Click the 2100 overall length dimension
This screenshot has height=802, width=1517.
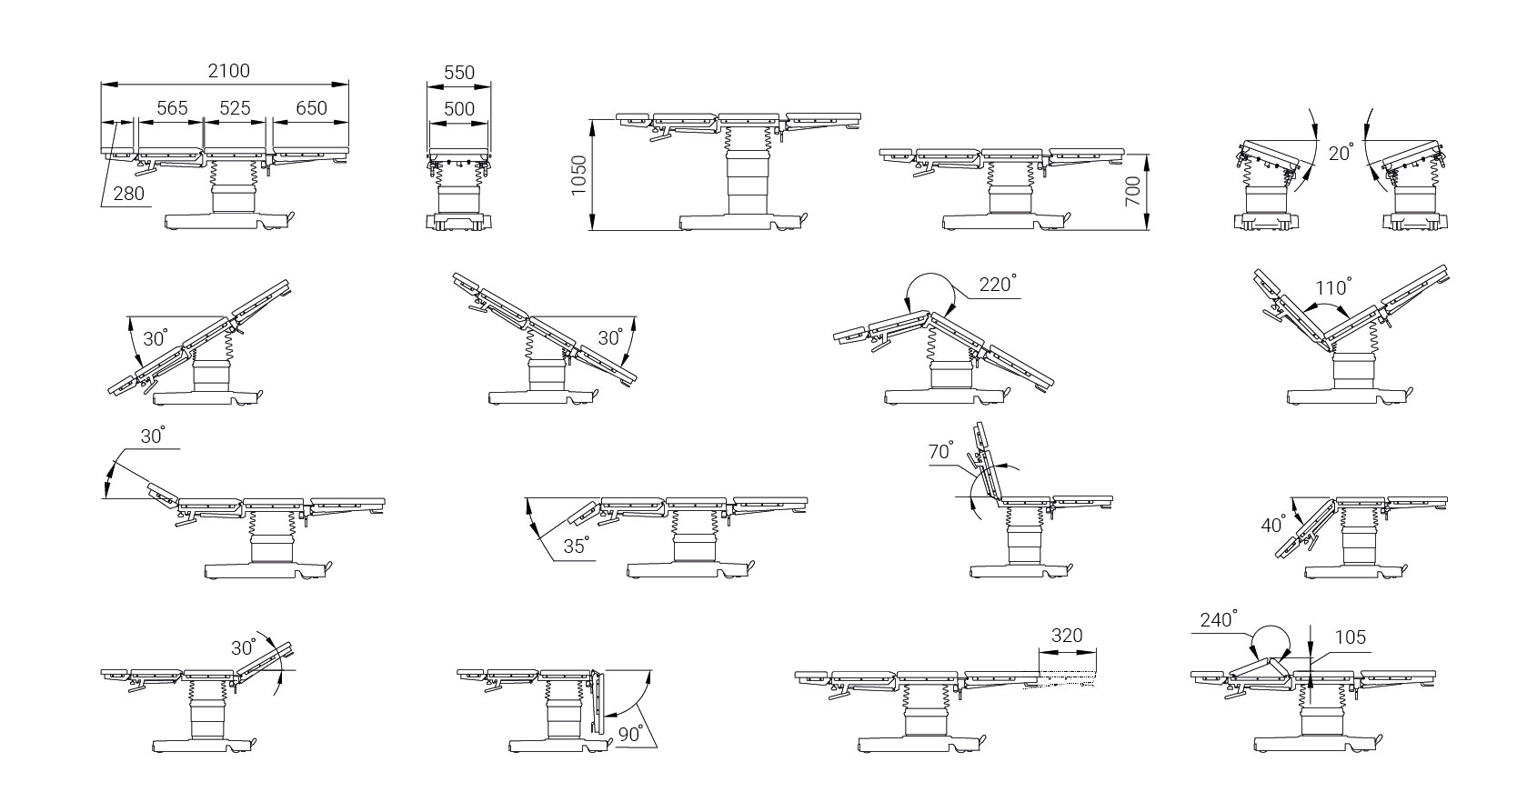click(229, 71)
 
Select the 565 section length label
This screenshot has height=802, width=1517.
click(172, 108)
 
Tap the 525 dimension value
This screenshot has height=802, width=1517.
click(235, 108)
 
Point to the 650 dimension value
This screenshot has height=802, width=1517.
click(312, 108)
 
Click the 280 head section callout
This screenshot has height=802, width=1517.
click(128, 195)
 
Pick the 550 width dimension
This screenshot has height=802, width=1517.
click(459, 73)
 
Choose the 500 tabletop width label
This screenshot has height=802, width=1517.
click(459, 109)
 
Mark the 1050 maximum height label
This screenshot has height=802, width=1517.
click(578, 175)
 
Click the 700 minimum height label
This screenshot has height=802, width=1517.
click(1132, 191)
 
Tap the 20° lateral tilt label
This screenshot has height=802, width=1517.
click(1341, 153)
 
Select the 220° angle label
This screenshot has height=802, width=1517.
click(998, 284)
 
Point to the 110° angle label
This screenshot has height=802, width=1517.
click(1332, 287)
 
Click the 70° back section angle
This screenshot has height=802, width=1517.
click(940, 450)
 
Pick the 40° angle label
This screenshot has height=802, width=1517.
click(1273, 525)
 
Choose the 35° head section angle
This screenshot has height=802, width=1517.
click(577, 546)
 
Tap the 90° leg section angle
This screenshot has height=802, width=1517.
click(630, 734)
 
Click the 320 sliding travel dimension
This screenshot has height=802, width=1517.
click(1067, 636)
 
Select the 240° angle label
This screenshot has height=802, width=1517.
click(1219, 619)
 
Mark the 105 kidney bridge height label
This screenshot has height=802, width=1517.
click(1351, 637)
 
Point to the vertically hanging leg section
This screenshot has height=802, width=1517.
click(597, 702)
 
